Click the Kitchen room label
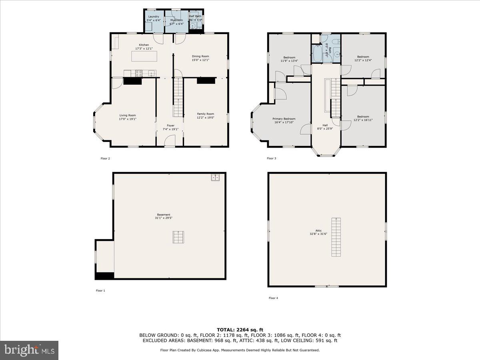[x=144, y=45]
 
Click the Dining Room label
[x=200, y=56]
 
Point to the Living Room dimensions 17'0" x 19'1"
[x=127, y=119]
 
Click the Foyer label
[x=170, y=126]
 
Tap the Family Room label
[x=205, y=114]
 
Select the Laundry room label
[x=154, y=17]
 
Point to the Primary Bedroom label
[x=284, y=119]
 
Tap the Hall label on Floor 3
[x=325, y=125]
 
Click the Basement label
[x=163, y=215]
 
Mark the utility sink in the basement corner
[x=215, y=178]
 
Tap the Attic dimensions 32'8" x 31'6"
[x=318, y=234]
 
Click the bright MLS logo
[x=29, y=350]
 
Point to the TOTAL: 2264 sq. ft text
[x=240, y=330]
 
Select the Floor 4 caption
[x=273, y=298]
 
